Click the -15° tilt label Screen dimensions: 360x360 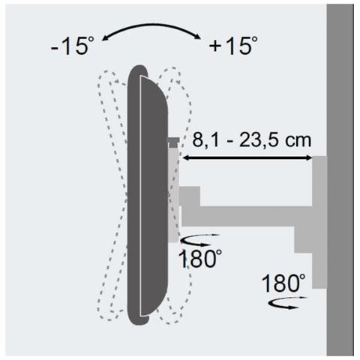[72, 46]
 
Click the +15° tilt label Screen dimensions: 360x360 [233, 45]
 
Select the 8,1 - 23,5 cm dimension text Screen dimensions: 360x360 [252, 140]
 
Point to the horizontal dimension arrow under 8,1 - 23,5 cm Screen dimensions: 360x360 [247, 157]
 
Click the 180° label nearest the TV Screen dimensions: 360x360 [200, 259]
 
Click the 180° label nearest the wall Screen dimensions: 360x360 [283, 283]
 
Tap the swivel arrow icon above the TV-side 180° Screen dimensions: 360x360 [199, 239]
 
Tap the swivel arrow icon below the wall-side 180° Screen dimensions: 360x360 [287, 302]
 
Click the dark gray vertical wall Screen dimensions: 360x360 [340, 180]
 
